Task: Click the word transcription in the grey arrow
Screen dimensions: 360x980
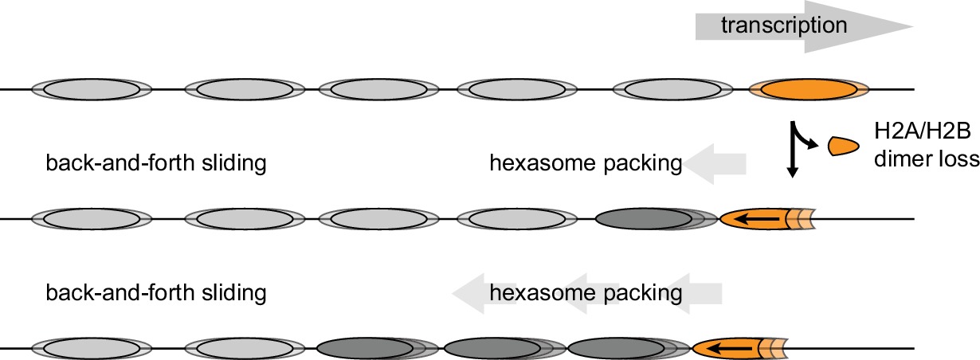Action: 783,25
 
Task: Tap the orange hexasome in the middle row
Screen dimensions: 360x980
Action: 757,218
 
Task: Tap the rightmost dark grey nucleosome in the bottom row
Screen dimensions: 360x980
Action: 618,349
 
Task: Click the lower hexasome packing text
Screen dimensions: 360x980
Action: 586,292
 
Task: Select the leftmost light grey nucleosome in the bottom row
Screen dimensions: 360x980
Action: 91,349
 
